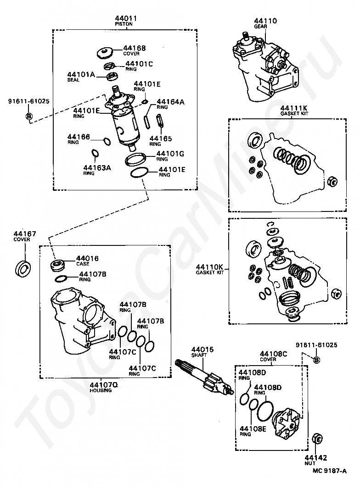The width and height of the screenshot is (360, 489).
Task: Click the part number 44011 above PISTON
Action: (126, 18)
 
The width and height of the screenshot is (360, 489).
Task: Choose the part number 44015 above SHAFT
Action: (202, 350)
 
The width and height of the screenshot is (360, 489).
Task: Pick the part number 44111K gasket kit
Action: (294, 108)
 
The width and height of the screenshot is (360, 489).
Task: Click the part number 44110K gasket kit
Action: (209, 267)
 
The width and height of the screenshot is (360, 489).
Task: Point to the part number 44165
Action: (161, 138)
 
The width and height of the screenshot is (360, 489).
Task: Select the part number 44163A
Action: (97, 167)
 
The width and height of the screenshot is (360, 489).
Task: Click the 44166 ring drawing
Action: (107, 141)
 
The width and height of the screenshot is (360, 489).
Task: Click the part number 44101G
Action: (170, 154)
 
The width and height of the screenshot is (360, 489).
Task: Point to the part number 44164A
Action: (170, 102)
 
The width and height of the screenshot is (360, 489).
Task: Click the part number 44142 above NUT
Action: (316, 457)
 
